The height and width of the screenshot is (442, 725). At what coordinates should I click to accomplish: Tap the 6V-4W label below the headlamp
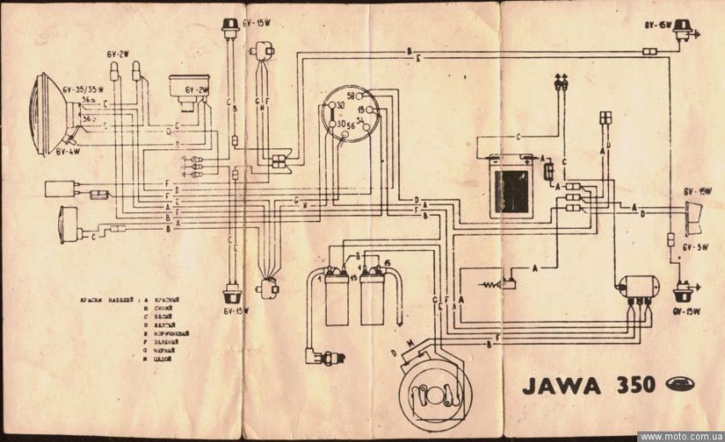71,150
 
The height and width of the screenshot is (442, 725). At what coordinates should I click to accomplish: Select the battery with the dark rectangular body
510,186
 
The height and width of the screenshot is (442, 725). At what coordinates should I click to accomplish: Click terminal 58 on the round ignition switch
351,97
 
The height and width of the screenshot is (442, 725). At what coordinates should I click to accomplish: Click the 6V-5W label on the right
698,247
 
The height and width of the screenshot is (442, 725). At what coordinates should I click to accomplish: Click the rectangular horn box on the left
61,189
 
